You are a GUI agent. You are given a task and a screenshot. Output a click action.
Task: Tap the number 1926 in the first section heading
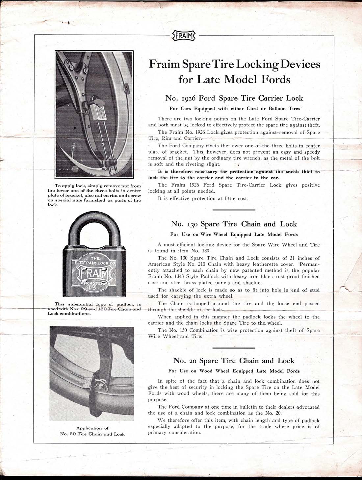pyautogui.click(x=188, y=98)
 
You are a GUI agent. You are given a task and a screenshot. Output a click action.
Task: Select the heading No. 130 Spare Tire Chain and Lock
pyautogui.click(x=234, y=224)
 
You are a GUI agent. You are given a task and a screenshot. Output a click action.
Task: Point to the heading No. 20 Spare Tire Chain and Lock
pyautogui.click(x=234, y=361)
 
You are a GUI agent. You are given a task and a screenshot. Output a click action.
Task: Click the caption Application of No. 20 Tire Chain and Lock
pyautogui.click(x=92, y=431)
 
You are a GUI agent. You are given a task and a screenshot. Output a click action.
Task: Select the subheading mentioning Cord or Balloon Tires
pyautogui.click(x=235, y=109)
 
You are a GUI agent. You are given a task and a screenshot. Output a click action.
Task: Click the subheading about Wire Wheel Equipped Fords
pyautogui.click(x=234, y=235)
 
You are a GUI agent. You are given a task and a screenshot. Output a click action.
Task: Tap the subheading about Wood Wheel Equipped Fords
pyautogui.click(x=234, y=371)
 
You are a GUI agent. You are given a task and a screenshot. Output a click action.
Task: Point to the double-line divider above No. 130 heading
pyautogui.click(x=234, y=210)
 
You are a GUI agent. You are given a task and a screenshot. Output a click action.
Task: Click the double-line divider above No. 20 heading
pyautogui.click(x=234, y=347)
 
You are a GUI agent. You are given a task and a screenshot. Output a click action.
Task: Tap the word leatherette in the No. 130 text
pyautogui.click(x=269, y=264)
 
